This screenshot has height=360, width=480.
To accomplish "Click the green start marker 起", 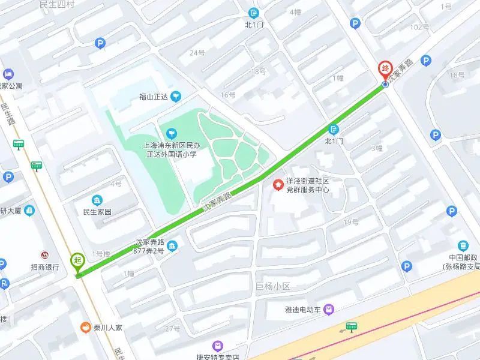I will (x=77, y=260).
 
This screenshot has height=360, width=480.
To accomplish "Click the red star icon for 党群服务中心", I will (x=278, y=185).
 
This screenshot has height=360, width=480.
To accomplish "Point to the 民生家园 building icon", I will (x=97, y=200).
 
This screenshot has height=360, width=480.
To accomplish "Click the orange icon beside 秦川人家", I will (x=86, y=328).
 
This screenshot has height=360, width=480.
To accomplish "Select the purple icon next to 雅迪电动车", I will (x=328, y=310).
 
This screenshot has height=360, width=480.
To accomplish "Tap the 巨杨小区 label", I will (x=272, y=286).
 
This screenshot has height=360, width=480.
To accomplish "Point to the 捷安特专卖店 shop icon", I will (x=217, y=346).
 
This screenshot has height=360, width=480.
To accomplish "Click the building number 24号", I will (x=197, y=53).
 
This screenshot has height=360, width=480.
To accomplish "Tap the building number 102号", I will (x=419, y=27).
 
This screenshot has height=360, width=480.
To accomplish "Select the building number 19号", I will (x=351, y=222).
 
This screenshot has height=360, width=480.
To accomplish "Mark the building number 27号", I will (x=173, y=328).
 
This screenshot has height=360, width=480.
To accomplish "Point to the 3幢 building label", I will (x=376, y=148).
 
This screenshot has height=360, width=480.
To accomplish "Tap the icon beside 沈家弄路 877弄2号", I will (x=172, y=245).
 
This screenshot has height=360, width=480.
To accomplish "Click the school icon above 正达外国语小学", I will (x=172, y=132).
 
